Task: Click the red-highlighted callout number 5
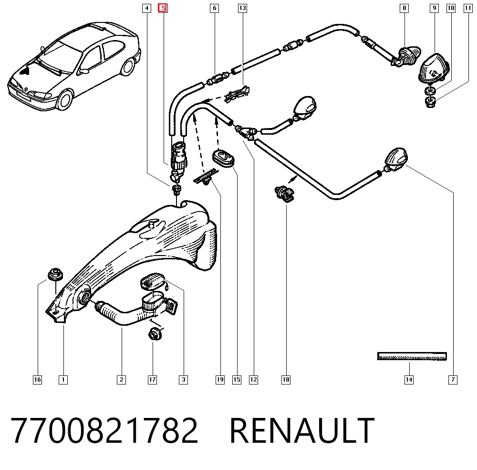pyautogui.click(x=163, y=8)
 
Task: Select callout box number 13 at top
pyautogui.click(x=242, y=8)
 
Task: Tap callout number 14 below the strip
pyautogui.click(x=409, y=380)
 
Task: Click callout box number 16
pyautogui.click(x=37, y=380)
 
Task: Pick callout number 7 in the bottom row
pyautogui.click(x=453, y=380)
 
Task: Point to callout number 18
pyautogui.click(x=286, y=380)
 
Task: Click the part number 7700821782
pyautogui.click(x=104, y=430)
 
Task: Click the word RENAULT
pyautogui.click(x=302, y=430)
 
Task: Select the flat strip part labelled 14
pyautogui.click(x=412, y=356)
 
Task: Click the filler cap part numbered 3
pyautogui.click(x=152, y=282)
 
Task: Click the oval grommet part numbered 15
pyautogui.click(x=223, y=158)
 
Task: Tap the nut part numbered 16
pyautogui.click(x=55, y=274)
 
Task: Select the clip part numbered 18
pyautogui.click(x=284, y=193)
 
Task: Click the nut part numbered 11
pyautogui.click(x=430, y=102)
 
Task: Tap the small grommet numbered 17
pyautogui.click(x=155, y=334)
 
